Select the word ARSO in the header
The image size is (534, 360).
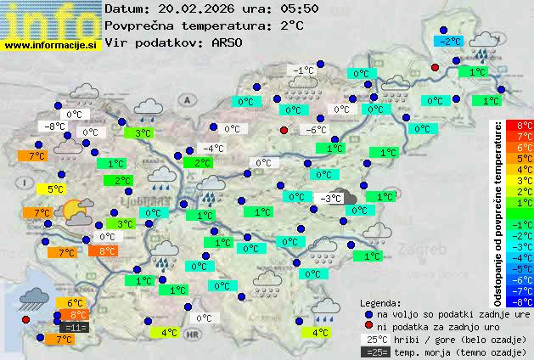click(229, 42)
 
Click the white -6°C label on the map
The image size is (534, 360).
click(315, 130)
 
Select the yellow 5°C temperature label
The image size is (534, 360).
click(54, 189)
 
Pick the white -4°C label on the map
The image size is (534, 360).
click(213, 149)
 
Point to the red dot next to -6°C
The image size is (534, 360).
click(284, 130)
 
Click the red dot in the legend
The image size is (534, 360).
click(368, 326)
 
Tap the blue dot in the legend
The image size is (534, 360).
click(368, 313)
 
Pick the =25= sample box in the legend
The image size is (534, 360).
click(378, 352)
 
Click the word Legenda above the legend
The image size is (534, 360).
click(380, 302)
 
